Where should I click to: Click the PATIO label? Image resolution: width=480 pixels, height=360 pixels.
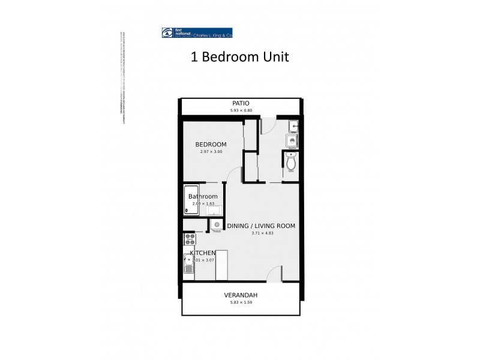click(x=240, y=103)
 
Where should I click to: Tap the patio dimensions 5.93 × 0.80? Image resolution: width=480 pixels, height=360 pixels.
click(x=240, y=110)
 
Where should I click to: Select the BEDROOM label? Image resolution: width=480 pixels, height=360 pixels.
click(x=211, y=145)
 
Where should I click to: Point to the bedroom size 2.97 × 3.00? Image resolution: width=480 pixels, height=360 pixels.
click(x=211, y=152)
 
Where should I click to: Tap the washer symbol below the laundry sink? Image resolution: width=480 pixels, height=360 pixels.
click(x=292, y=142)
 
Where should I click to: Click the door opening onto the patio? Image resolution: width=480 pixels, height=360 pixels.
click(x=268, y=124)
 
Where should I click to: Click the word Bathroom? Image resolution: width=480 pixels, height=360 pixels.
click(x=203, y=197)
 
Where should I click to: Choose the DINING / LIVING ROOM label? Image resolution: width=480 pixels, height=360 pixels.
click(x=261, y=226)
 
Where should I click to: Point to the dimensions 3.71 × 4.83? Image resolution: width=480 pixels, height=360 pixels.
click(x=262, y=233)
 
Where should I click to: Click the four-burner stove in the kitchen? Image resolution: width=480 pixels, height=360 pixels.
click(x=190, y=239)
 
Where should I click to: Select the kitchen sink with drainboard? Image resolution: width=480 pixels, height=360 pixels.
click(x=189, y=263)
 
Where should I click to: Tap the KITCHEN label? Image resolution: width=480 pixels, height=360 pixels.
click(x=203, y=253)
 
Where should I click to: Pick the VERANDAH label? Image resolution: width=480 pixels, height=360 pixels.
click(x=241, y=295)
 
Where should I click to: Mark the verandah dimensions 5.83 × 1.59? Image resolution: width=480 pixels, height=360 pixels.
click(x=241, y=303)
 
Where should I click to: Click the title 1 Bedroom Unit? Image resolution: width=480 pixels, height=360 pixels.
click(x=240, y=58)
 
